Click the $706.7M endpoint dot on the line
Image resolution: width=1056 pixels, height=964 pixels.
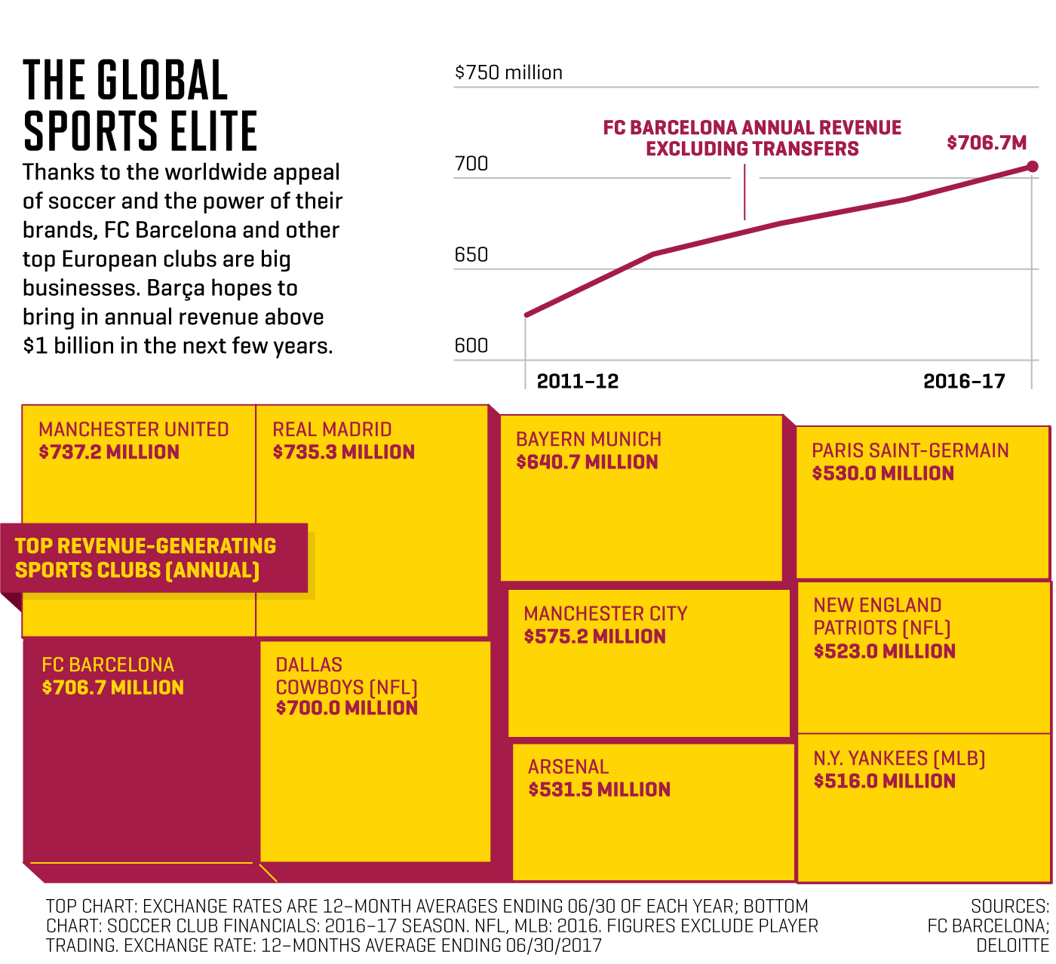coord(1033,167)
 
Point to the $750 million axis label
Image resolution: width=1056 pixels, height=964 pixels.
coord(508,73)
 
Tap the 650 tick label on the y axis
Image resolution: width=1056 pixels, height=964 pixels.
coord(471,255)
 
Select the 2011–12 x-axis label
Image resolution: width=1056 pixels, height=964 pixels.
coord(577,381)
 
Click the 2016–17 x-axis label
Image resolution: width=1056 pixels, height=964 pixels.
coord(964,381)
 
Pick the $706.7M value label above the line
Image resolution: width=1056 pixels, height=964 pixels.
coord(987,143)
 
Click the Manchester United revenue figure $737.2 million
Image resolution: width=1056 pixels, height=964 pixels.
coord(109,453)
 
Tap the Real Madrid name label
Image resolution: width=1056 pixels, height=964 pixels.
coord(332,430)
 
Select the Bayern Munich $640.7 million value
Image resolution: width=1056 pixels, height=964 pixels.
coord(587,462)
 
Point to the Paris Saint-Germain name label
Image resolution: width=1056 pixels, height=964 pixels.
coord(910,451)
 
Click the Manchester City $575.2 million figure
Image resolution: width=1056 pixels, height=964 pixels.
coord(594,637)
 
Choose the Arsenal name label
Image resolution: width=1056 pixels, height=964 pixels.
coord(568,767)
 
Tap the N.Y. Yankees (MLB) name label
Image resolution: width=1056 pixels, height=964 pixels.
coord(899,759)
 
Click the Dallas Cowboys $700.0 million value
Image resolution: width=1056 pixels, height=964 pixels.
coord(346,708)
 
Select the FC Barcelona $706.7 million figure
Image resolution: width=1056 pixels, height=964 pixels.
coord(113,688)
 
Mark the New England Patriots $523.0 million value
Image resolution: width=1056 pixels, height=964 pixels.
coord(884,652)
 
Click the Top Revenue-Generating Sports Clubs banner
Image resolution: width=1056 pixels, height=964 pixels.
coord(146,558)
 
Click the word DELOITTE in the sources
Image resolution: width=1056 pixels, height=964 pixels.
coord(1012,946)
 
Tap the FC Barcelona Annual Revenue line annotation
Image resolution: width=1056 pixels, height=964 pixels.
coord(752,138)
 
